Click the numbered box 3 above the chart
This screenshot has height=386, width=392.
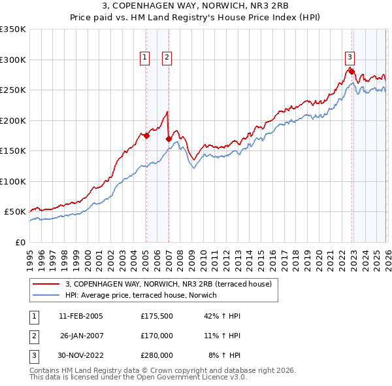(350, 57)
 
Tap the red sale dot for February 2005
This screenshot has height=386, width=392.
(146, 136)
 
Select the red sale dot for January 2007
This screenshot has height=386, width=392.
(169, 139)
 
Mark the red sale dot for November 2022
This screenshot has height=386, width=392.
(351, 71)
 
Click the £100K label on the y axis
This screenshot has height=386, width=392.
(13, 181)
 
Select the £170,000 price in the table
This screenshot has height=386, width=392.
(157, 336)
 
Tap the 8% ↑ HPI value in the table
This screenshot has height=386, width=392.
(225, 355)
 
